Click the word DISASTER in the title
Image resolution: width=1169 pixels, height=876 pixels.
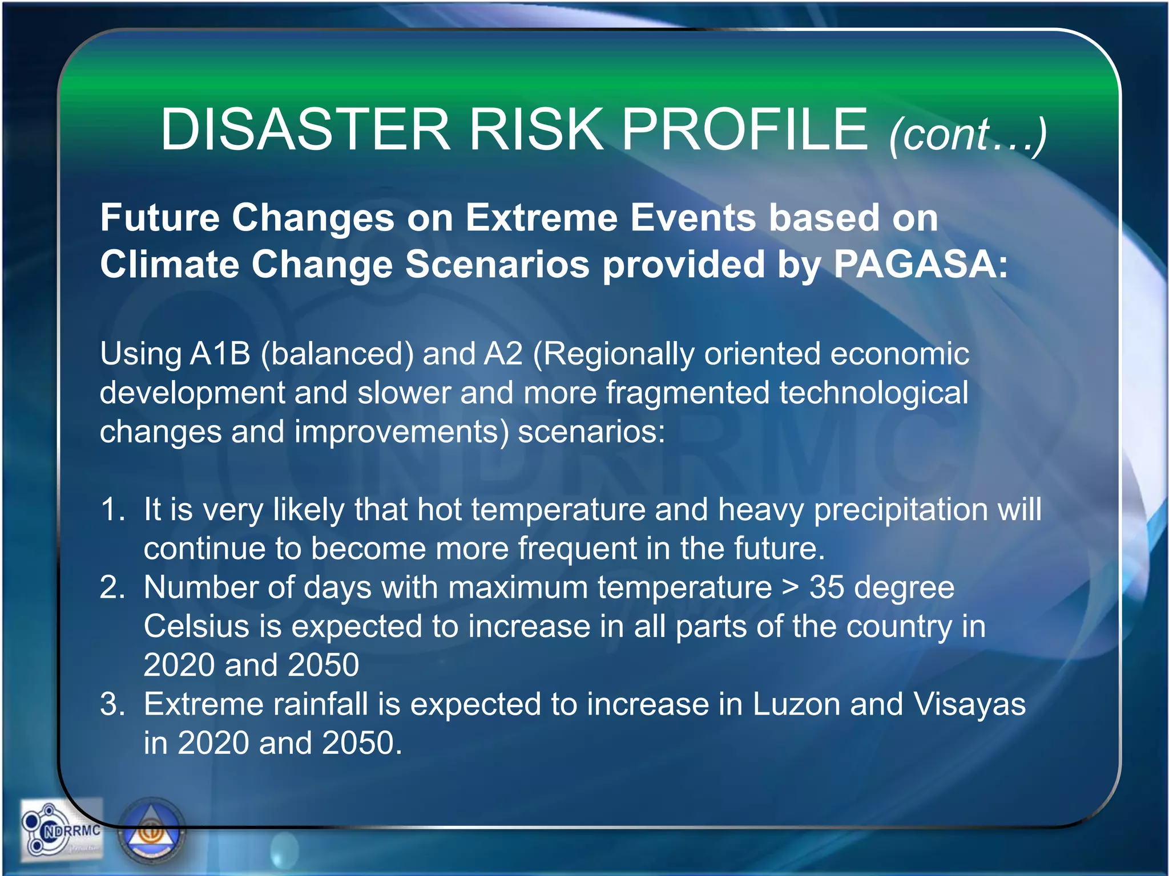coord(305,130)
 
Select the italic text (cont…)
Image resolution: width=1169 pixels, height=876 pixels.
coord(968,135)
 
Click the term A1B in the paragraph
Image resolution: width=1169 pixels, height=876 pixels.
coord(220,354)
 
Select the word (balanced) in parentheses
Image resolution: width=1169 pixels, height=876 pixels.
coord(337,354)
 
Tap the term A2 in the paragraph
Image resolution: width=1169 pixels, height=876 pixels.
coord(503,354)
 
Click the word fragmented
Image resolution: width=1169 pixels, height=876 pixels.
coord(687,393)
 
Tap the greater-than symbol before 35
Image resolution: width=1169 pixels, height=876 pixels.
coord(791,588)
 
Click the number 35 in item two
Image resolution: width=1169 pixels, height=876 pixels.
coord(826,587)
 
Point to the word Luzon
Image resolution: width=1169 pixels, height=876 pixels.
coord(796,704)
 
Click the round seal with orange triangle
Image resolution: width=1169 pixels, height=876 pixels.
coord(152,832)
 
